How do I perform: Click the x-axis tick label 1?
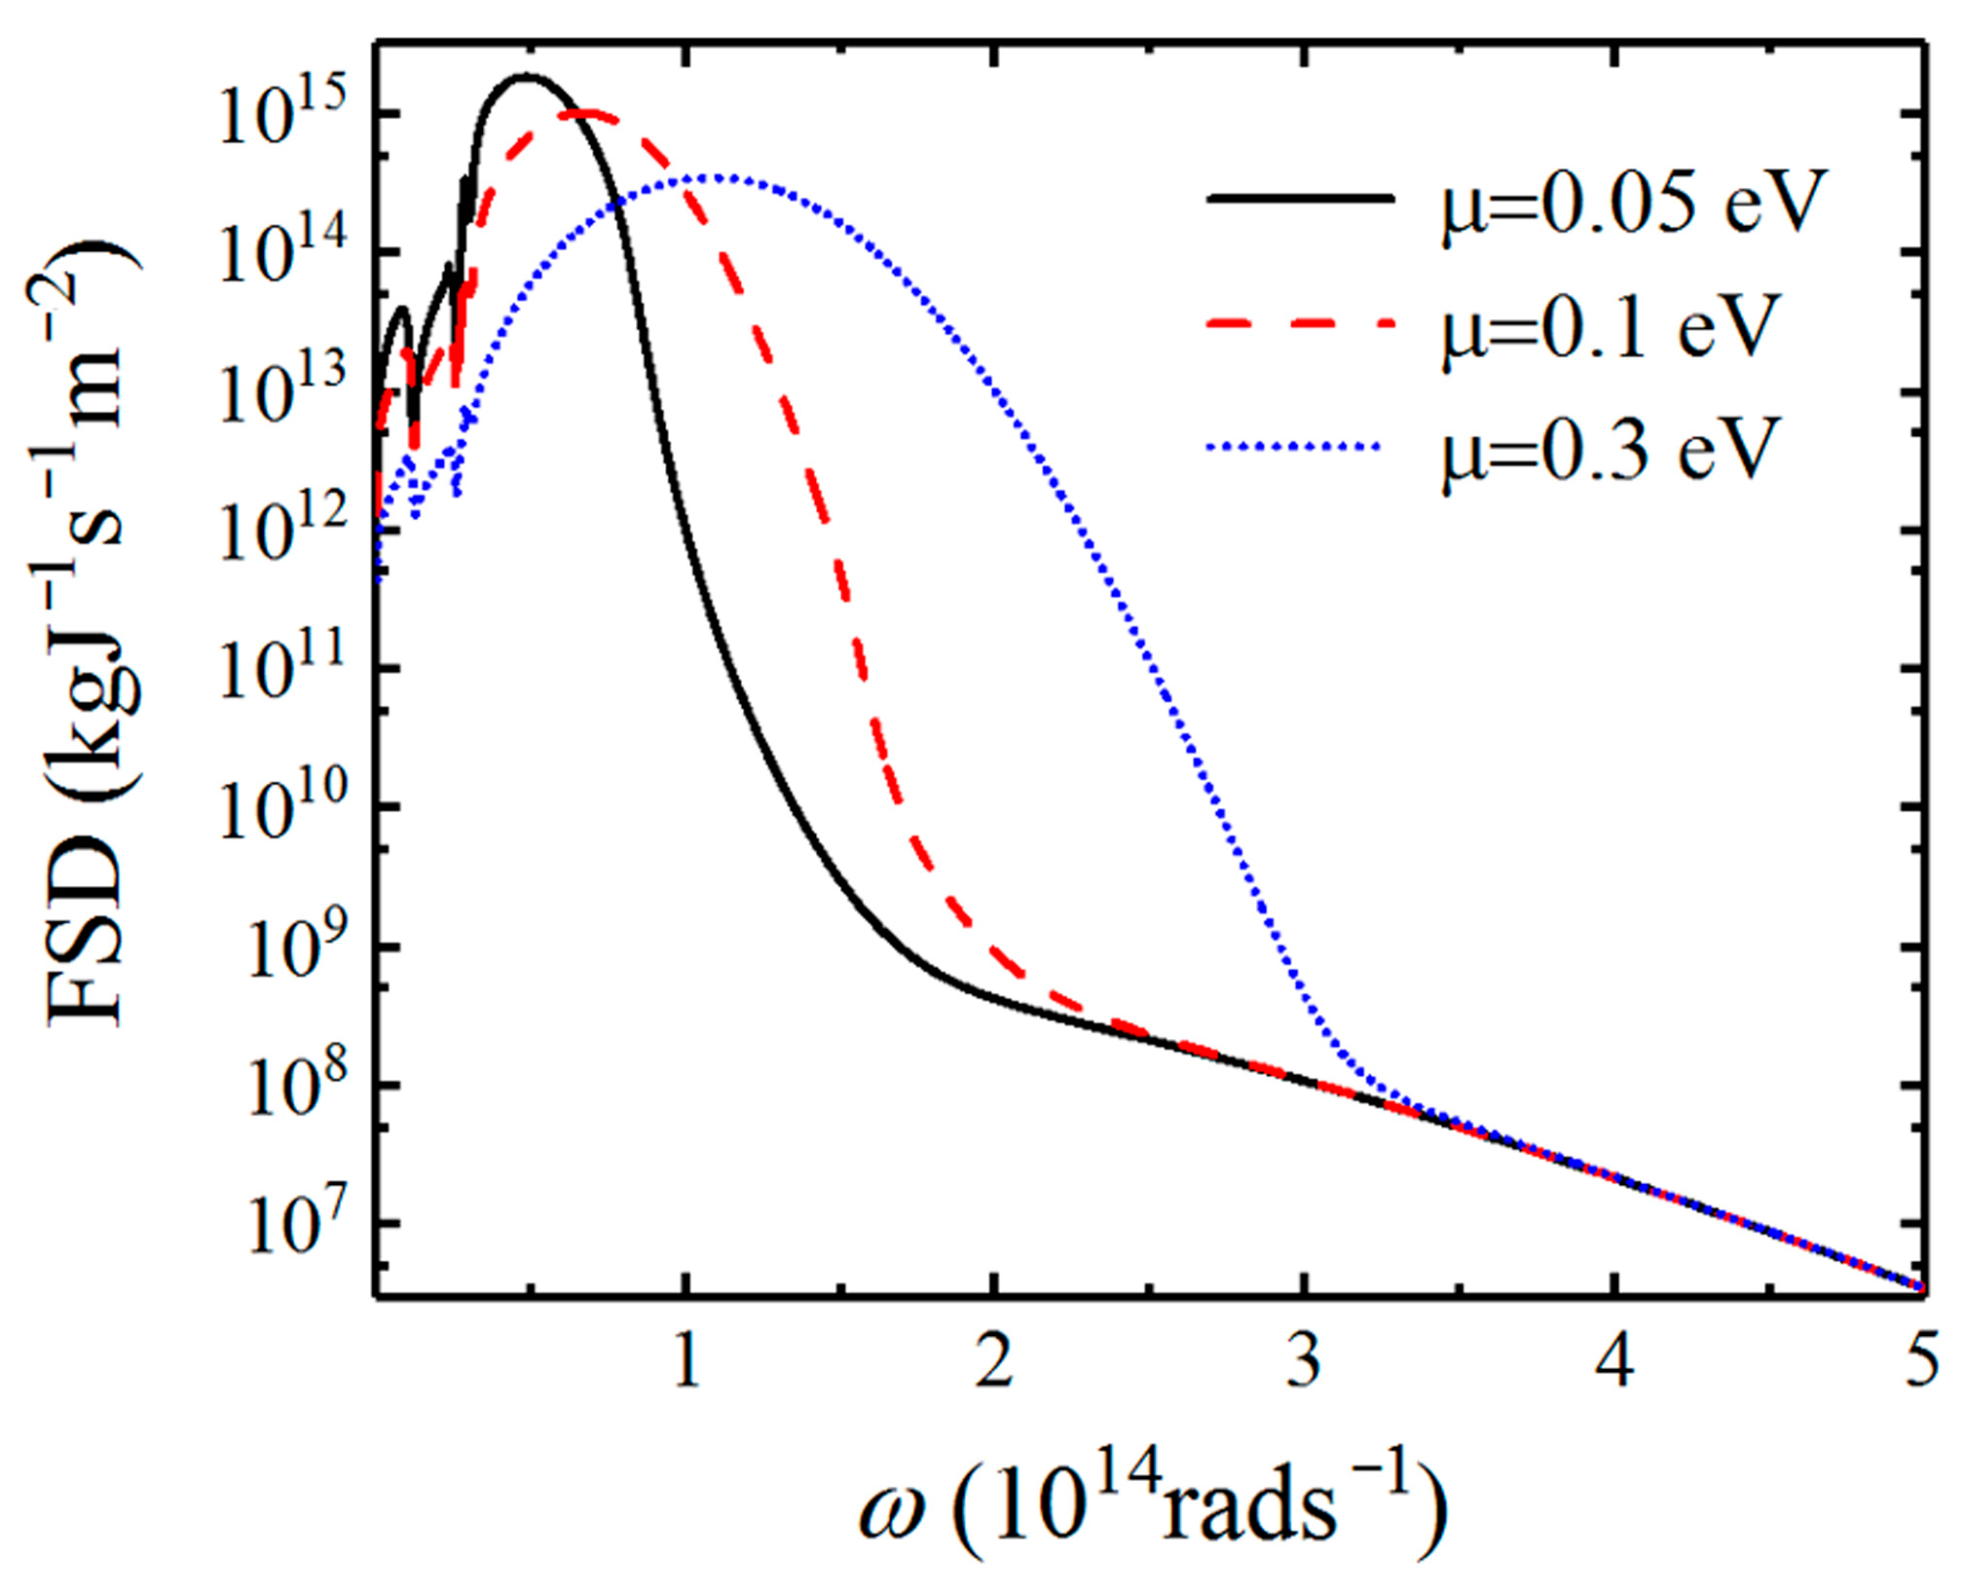click(687, 1361)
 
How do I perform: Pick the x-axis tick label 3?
click(1304, 1361)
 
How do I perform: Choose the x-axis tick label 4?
click(1613, 1361)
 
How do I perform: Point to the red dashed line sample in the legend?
click(1300, 323)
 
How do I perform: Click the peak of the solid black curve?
click(527, 76)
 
